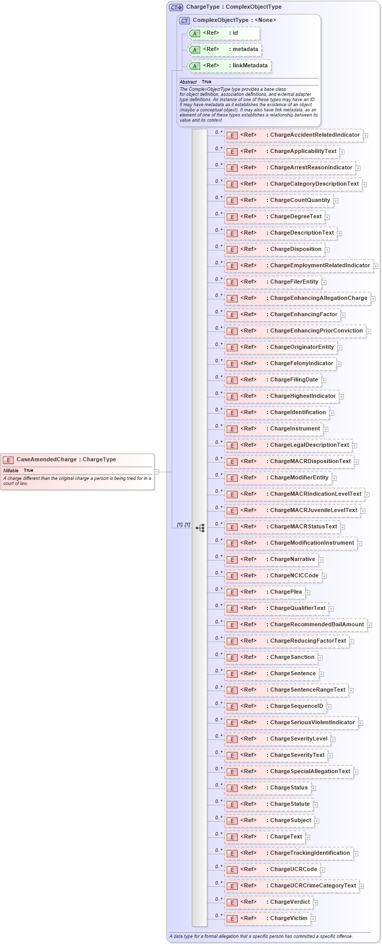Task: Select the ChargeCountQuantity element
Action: click(x=279, y=200)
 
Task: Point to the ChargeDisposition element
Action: click(x=275, y=249)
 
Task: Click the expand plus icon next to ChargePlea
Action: click(x=308, y=592)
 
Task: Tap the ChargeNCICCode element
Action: click(x=273, y=576)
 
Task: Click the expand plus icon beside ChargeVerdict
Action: click(x=315, y=902)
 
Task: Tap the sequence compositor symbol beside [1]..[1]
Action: click(x=200, y=528)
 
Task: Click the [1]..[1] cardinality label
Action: click(x=183, y=525)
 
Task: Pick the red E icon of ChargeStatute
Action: click(x=232, y=805)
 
